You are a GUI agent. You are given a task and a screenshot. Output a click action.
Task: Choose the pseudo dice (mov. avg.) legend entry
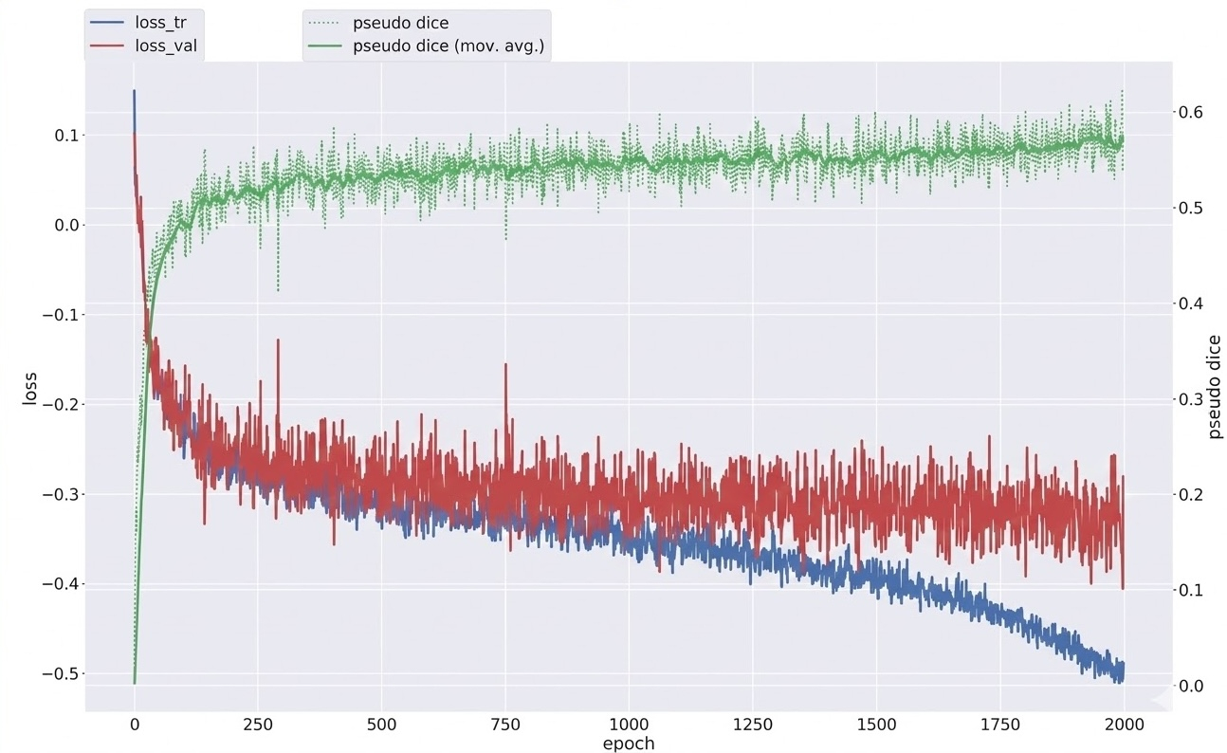(446, 44)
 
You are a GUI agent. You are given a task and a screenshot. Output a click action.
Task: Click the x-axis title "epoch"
(629, 744)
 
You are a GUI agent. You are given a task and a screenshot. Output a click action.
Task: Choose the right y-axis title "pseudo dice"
(1217, 387)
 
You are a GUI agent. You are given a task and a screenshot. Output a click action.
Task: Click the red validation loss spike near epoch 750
(506, 364)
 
